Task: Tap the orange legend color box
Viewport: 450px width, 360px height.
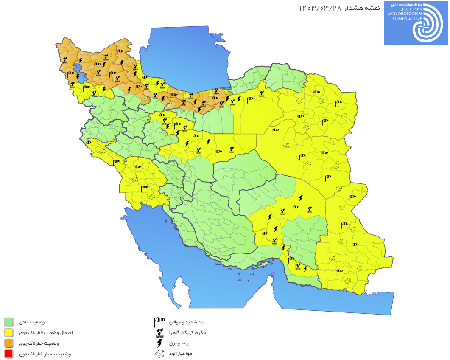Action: tap(8, 343)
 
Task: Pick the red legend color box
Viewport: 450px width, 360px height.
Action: tap(8, 354)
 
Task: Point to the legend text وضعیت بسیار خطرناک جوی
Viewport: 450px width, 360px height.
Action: tap(44, 354)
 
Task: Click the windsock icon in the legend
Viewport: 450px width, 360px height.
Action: tap(159, 321)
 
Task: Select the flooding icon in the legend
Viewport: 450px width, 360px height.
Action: tap(159, 332)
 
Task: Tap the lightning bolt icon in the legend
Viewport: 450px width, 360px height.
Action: tap(159, 343)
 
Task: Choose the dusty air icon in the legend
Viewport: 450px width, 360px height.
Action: tap(159, 353)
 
